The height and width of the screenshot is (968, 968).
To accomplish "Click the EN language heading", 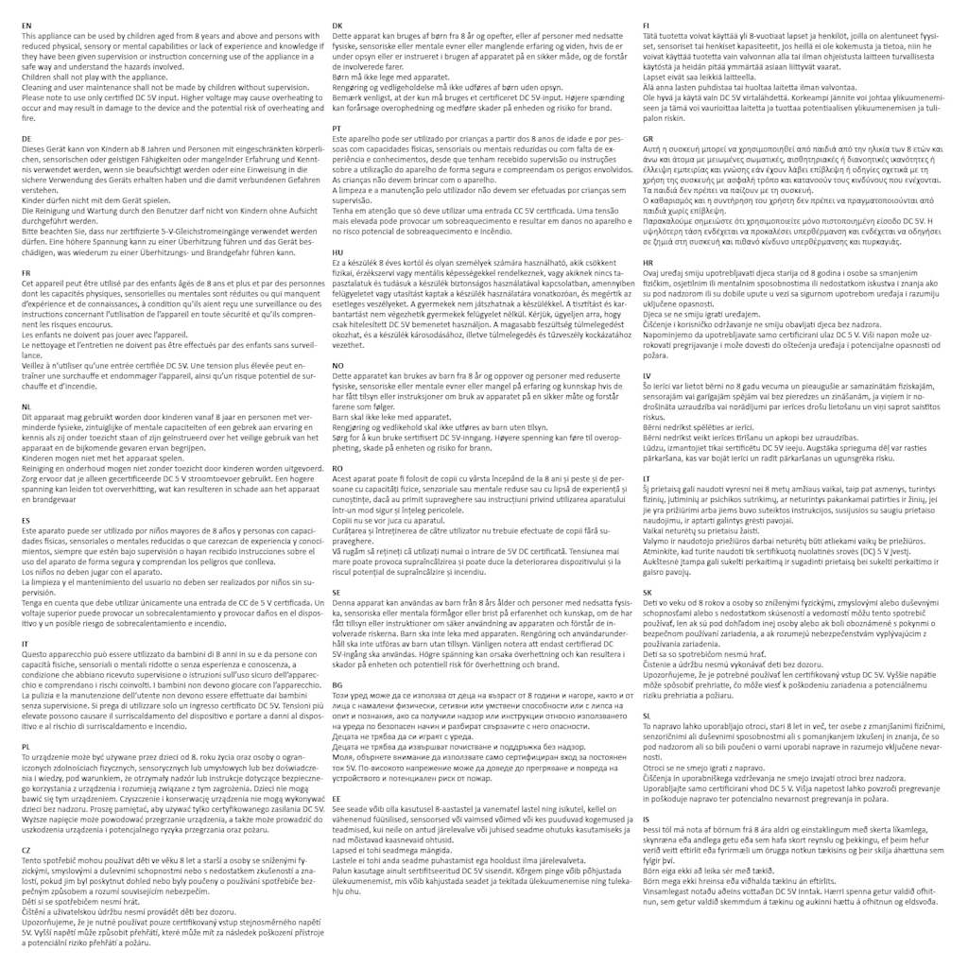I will (26, 24).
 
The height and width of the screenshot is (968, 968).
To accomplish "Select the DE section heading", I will (26, 138).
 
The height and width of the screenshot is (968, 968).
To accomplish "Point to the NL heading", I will (26, 404).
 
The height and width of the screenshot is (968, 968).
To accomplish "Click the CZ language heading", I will (26, 850).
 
